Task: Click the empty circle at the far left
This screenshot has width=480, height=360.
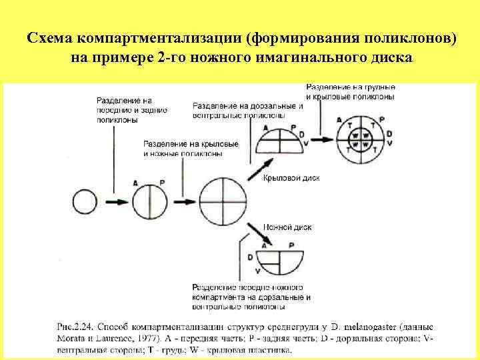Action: coord(85,201)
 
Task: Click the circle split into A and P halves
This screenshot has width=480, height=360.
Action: coord(148,201)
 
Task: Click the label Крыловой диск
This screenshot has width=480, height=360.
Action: coord(291,178)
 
